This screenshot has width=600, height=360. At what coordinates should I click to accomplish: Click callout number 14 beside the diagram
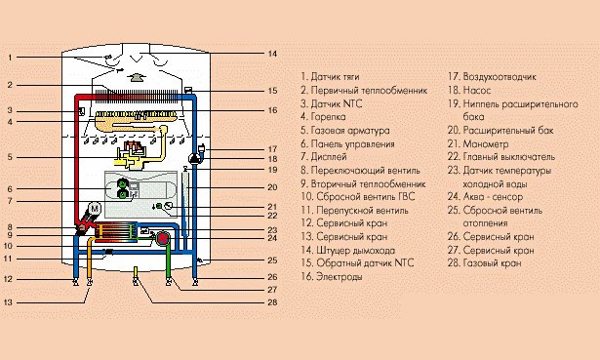point(272,54)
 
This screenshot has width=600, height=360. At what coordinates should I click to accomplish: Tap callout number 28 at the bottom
point(272,302)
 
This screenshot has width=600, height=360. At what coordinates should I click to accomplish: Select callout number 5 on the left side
point(10,157)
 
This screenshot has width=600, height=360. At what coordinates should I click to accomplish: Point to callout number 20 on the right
point(272,187)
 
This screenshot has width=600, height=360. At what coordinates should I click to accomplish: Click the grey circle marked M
point(94,209)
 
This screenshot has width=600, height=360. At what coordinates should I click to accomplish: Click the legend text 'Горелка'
point(328,117)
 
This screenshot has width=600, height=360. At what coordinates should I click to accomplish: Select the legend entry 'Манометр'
point(485,144)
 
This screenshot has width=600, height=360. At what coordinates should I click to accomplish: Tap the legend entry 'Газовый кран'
point(492,263)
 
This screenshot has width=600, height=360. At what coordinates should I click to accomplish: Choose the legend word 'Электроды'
point(340,277)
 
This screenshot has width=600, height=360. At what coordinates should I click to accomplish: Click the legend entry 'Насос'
point(476,91)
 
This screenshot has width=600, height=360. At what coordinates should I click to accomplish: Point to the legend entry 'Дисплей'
point(329,157)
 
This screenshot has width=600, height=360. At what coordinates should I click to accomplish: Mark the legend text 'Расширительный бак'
point(508,131)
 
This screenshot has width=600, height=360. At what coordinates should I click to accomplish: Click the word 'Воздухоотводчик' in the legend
point(500,76)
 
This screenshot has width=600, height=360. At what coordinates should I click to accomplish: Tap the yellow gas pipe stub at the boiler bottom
point(135,273)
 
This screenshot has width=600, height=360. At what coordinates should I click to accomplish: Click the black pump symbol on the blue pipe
point(195,158)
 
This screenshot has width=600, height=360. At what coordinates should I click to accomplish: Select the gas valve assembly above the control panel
point(132,154)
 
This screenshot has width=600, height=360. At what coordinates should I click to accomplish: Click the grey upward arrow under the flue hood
point(135,78)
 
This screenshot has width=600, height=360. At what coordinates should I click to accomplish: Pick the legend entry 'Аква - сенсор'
point(493,197)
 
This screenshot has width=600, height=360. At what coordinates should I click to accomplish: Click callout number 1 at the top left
point(10,58)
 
